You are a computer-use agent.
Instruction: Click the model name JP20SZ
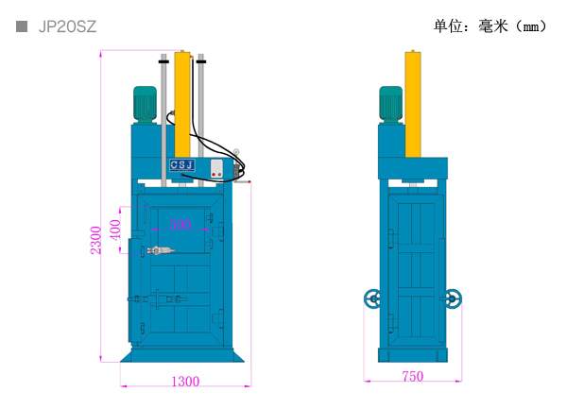(67, 26)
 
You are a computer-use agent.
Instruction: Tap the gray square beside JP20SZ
(22, 26)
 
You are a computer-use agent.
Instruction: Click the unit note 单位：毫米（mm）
(490, 26)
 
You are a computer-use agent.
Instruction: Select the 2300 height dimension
(95, 240)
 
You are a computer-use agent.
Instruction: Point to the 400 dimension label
(115, 230)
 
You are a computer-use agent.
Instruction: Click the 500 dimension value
(180, 225)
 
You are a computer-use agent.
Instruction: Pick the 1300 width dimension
(185, 382)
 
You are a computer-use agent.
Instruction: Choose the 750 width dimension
(413, 377)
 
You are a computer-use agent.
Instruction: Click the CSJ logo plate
(182, 165)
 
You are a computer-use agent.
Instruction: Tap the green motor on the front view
(145, 104)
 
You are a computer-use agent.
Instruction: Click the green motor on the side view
(390, 104)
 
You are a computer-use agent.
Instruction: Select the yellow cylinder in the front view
(182, 104)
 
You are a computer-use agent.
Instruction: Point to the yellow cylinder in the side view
(413, 104)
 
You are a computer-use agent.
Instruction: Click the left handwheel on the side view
(372, 298)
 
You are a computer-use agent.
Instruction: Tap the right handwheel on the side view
(453, 298)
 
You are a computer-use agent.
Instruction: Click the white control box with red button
(216, 169)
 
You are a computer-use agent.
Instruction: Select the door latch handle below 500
(161, 250)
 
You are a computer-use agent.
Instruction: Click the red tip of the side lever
(249, 181)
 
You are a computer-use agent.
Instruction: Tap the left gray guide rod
(163, 120)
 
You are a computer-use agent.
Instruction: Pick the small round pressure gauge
(236, 152)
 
